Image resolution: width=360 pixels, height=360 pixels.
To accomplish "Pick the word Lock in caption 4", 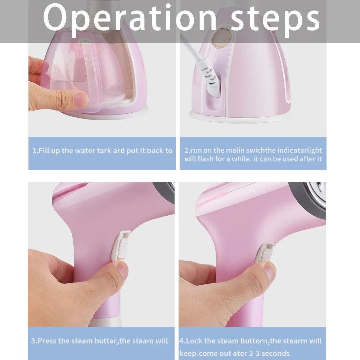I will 194,341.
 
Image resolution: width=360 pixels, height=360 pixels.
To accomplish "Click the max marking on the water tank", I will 87,61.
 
